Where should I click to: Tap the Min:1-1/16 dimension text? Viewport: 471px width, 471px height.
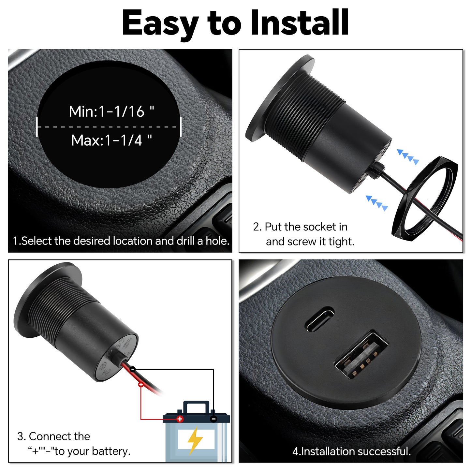[111, 111]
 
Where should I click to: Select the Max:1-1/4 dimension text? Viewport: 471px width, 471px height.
[111, 140]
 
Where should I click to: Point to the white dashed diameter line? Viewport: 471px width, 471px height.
[109, 127]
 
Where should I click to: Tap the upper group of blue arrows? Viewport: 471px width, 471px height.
[408, 157]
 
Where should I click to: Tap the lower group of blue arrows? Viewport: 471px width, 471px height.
[377, 203]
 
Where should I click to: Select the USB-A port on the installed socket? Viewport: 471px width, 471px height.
[361, 355]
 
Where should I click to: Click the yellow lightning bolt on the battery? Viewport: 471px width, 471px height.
[195, 439]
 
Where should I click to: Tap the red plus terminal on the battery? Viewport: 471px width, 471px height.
[180, 419]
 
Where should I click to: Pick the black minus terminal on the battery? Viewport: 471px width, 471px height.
[213, 419]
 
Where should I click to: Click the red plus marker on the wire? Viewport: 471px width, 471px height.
[141, 385]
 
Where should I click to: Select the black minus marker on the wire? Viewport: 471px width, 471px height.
[133, 369]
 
